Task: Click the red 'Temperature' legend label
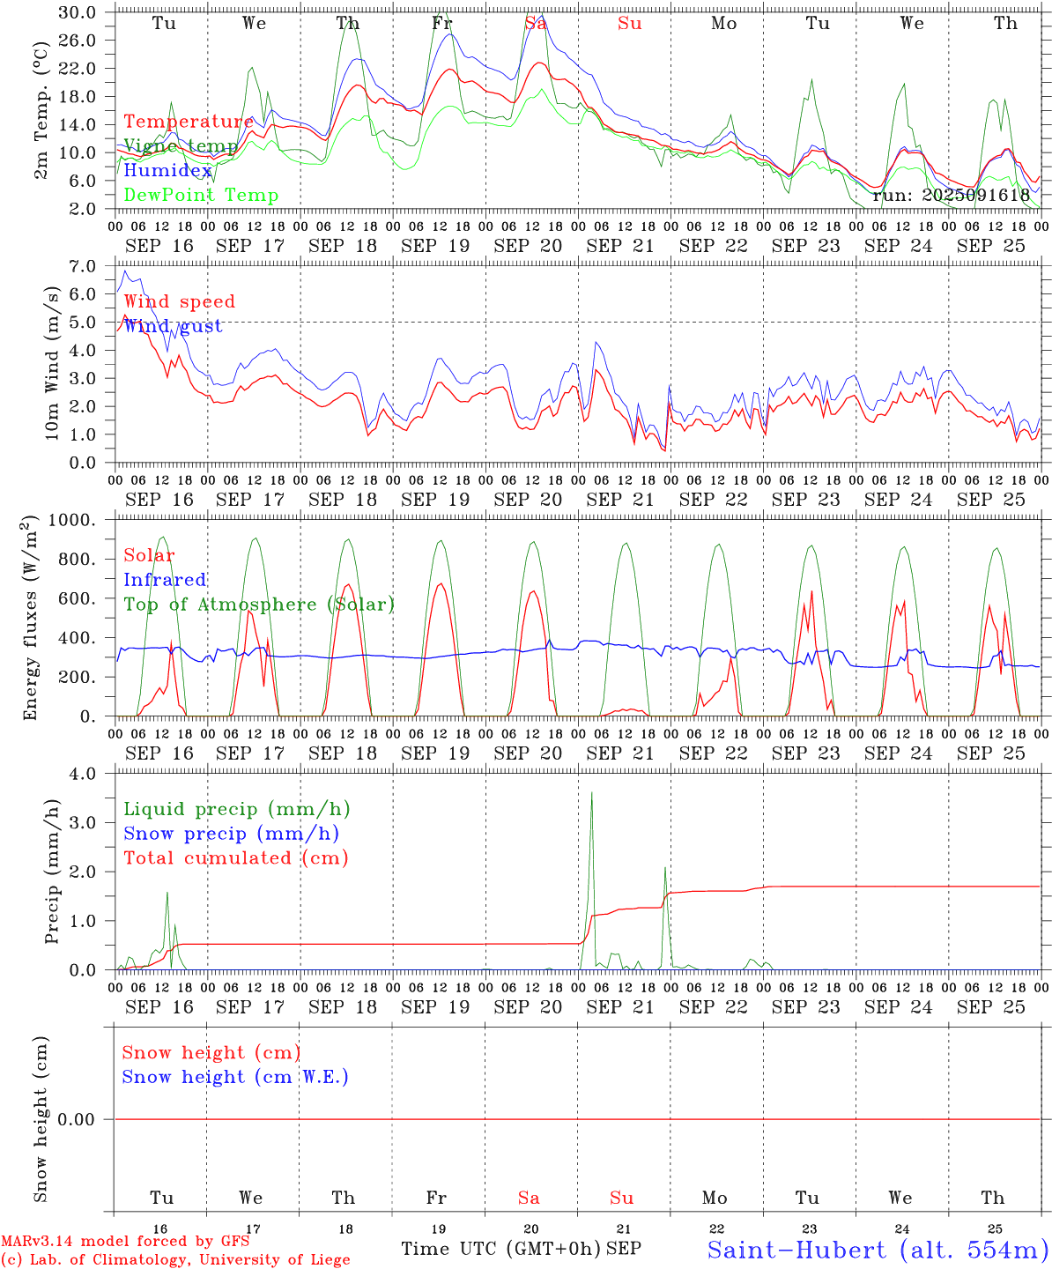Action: point(188,122)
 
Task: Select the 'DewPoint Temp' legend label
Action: point(201,196)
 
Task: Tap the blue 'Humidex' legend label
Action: point(167,171)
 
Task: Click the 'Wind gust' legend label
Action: point(173,326)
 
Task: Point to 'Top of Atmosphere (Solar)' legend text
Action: point(259,605)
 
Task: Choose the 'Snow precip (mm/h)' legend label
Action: point(231,834)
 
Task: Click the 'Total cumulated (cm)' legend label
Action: point(236,858)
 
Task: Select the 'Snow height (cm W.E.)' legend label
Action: point(235,1077)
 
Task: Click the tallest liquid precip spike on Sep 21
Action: point(591,793)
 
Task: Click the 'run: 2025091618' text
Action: point(951,196)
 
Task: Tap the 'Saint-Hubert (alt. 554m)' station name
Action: point(878,1250)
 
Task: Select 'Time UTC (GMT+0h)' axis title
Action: point(501,1249)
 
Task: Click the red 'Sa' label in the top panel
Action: point(536,24)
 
